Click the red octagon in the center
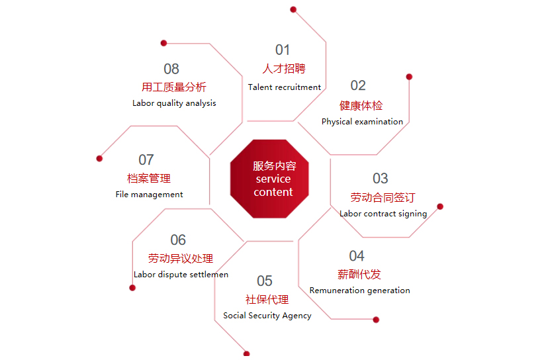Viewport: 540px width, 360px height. click(269, 179)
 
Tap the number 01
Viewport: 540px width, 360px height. click(283, 50)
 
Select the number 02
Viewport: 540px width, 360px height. click(358, 85)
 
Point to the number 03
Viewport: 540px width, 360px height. click(381, 179)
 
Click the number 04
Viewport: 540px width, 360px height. click(357, 256)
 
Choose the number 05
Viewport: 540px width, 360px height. click(265, 281)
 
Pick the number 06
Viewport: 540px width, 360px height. click(178, 240)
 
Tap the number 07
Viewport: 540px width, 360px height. click(146, 160)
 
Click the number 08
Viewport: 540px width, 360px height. click(171, 69)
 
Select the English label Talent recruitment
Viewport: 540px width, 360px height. click(285, 87)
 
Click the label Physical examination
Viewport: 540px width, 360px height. click(362, 122)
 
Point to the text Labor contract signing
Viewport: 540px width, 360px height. click(383, 214)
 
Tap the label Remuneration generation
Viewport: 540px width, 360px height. click(360, 291)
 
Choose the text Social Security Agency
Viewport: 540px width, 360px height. click(267, 316)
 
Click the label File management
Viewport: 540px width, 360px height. click(149, 195)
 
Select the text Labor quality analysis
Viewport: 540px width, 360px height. click(174, 103)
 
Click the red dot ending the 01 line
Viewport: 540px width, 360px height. click(293, 9)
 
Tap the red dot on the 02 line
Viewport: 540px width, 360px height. click(409, 77)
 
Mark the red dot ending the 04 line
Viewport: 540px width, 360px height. click(376, 320)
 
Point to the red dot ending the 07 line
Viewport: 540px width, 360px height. click(99, 158)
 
